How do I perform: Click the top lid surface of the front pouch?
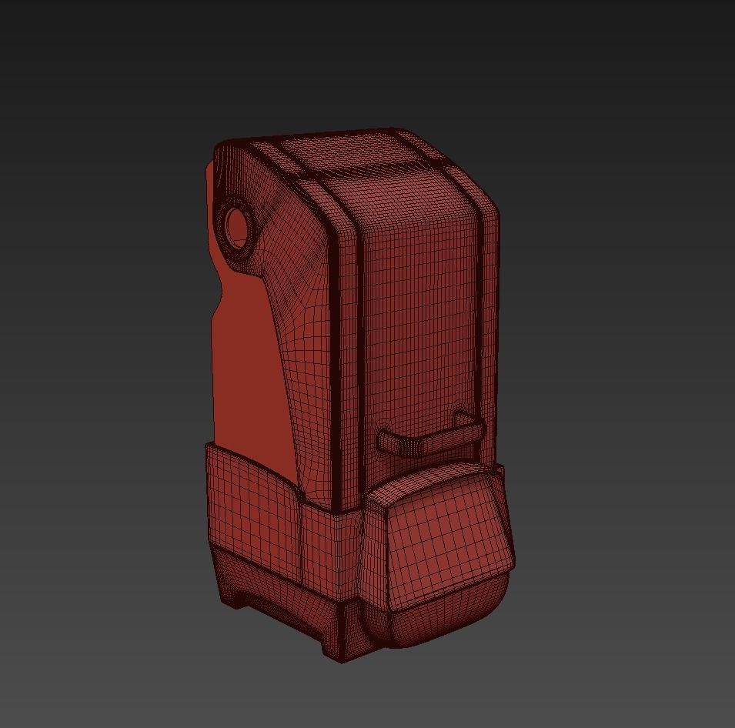[431, 481]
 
